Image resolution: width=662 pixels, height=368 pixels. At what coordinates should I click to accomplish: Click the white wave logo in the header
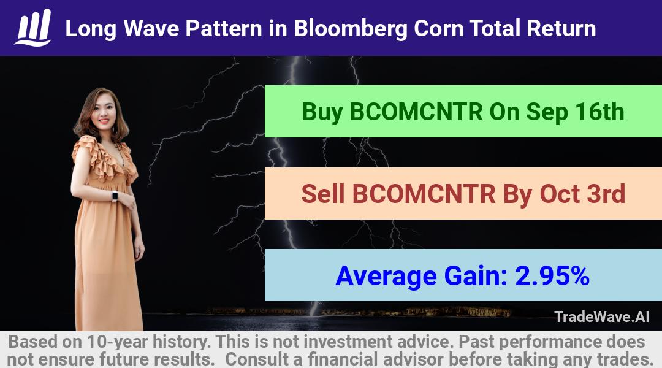point(33,28)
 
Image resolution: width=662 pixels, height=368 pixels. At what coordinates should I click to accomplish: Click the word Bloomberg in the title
point(350,29)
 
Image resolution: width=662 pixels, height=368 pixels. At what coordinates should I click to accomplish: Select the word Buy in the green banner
point(322,112)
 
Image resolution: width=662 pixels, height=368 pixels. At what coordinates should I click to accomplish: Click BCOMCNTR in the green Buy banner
point(416,112)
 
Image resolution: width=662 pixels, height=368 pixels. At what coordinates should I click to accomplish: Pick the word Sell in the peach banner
point(323,194)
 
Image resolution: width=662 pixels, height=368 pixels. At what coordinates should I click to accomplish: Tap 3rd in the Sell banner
point(604,194)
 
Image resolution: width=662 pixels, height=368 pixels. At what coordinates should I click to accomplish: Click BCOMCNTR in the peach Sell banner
point(424,194)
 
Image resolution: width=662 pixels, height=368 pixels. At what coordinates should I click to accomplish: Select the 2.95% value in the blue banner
point(552,276)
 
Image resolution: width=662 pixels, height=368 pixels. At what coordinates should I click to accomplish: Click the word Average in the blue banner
point(386,277)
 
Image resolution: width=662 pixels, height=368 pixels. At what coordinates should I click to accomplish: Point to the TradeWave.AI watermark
point(602,316)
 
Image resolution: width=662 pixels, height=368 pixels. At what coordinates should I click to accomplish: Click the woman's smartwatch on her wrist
point(115,196)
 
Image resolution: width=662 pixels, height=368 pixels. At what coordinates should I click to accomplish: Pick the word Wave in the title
point(151,28)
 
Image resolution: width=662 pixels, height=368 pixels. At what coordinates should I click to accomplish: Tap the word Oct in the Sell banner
point(559,194)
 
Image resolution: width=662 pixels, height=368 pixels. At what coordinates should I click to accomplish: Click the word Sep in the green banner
point(547,112)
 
